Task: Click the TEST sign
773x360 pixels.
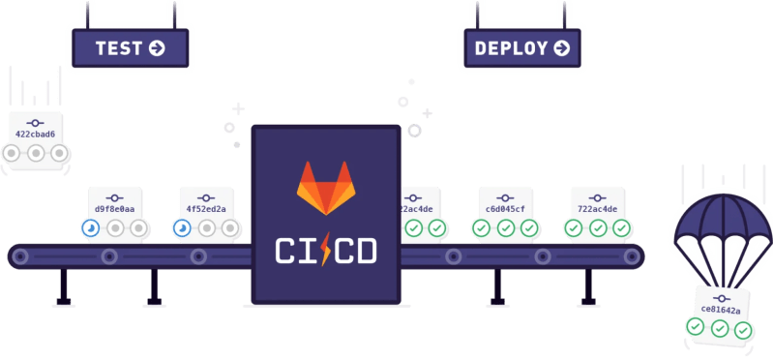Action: pyautogui.click(x=129, y=46)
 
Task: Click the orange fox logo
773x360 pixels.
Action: pyautogui.click(x=325, y=187)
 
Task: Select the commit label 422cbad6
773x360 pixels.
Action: pyautogui.click(x=36, y=134)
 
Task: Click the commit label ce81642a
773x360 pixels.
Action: pyautogui.click(x=721, y=311)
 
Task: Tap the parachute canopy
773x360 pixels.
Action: pyautogui.click(x=721, y=223)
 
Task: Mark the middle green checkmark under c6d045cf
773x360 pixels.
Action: pyautogui.click(x=505, y=228)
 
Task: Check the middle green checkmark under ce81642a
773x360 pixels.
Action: pyautogui.click(x=720, y=328)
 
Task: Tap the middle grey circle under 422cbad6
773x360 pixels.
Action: pyautogui.click(x=36, y=153)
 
